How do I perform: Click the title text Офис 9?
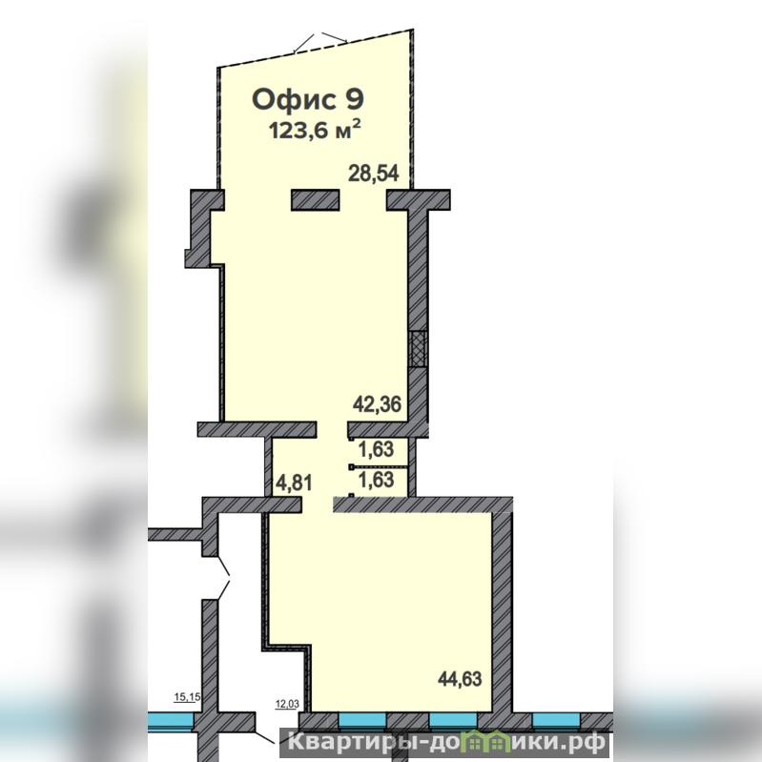coord(308,99)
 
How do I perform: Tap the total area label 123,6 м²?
coord(315,131)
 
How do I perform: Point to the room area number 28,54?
coord(373,173)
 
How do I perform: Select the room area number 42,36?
coord(377,403)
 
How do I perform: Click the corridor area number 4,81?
coord(294,484)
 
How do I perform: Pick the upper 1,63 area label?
coord(376,449)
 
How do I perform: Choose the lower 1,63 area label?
coord(376,480)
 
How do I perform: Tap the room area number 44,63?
coord(460,678)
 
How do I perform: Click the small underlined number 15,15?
coord(187,698)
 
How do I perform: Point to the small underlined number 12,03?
coord(287,704)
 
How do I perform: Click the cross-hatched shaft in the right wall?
coord(418,348)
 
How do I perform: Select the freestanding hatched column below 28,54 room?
coord(315,199)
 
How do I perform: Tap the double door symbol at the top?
coord(320,43)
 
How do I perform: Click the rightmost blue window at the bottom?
coord(556,720)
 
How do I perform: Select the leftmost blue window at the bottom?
coord(171,721)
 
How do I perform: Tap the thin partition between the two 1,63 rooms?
coord(379,467)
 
